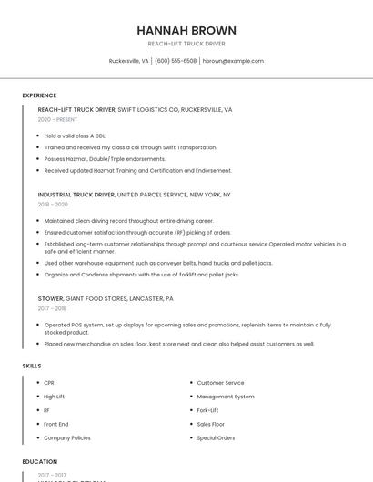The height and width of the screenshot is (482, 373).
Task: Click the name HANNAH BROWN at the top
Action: coord(186,30)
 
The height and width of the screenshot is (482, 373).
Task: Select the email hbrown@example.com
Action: coord(233,61)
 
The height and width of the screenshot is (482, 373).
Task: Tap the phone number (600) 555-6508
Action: coord(176,61)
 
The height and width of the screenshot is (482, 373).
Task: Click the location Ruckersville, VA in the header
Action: coord(128,61)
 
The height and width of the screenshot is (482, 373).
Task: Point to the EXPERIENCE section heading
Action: coord(39,95)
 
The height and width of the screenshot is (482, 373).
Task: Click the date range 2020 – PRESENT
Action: coord(57,119)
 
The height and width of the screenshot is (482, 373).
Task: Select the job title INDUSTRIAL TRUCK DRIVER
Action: coord(76,194)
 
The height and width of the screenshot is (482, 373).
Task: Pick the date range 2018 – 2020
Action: coord(53,205)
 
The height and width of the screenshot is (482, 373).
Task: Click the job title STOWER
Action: coord(51,298)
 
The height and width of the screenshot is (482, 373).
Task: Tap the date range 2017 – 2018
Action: coord(53,308)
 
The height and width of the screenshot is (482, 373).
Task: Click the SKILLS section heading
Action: coord(32,366)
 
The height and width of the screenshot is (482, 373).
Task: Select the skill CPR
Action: coord(49,383)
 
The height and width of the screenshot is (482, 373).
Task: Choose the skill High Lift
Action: coord(55,397)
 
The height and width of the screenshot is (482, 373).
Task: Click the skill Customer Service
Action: coord(220,383)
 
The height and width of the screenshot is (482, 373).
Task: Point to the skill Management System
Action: coord(226,397)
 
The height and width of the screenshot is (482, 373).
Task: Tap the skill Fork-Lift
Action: coord(207,410)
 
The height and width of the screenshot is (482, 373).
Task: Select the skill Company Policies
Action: coord(67,437)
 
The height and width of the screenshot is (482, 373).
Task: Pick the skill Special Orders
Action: coord(216,437)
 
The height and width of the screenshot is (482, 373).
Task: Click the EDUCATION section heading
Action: coord(39,462)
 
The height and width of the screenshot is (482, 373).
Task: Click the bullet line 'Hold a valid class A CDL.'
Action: coord(75,136)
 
